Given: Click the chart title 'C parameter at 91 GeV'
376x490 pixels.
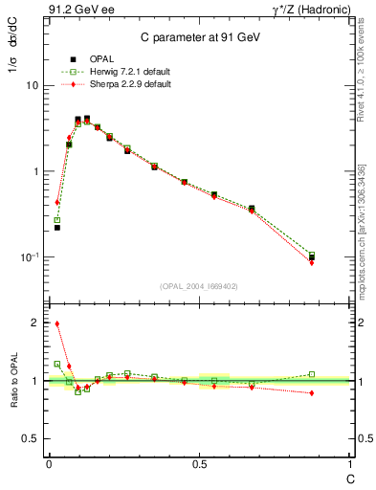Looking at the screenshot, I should (195, 37).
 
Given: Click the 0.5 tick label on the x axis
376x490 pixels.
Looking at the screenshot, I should (199, 464).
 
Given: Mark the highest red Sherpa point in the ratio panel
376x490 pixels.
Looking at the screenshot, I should (57, 323).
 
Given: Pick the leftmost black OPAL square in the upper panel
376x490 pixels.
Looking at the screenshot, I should (57, 228).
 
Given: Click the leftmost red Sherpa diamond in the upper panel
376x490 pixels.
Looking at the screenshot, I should (57, 202).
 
